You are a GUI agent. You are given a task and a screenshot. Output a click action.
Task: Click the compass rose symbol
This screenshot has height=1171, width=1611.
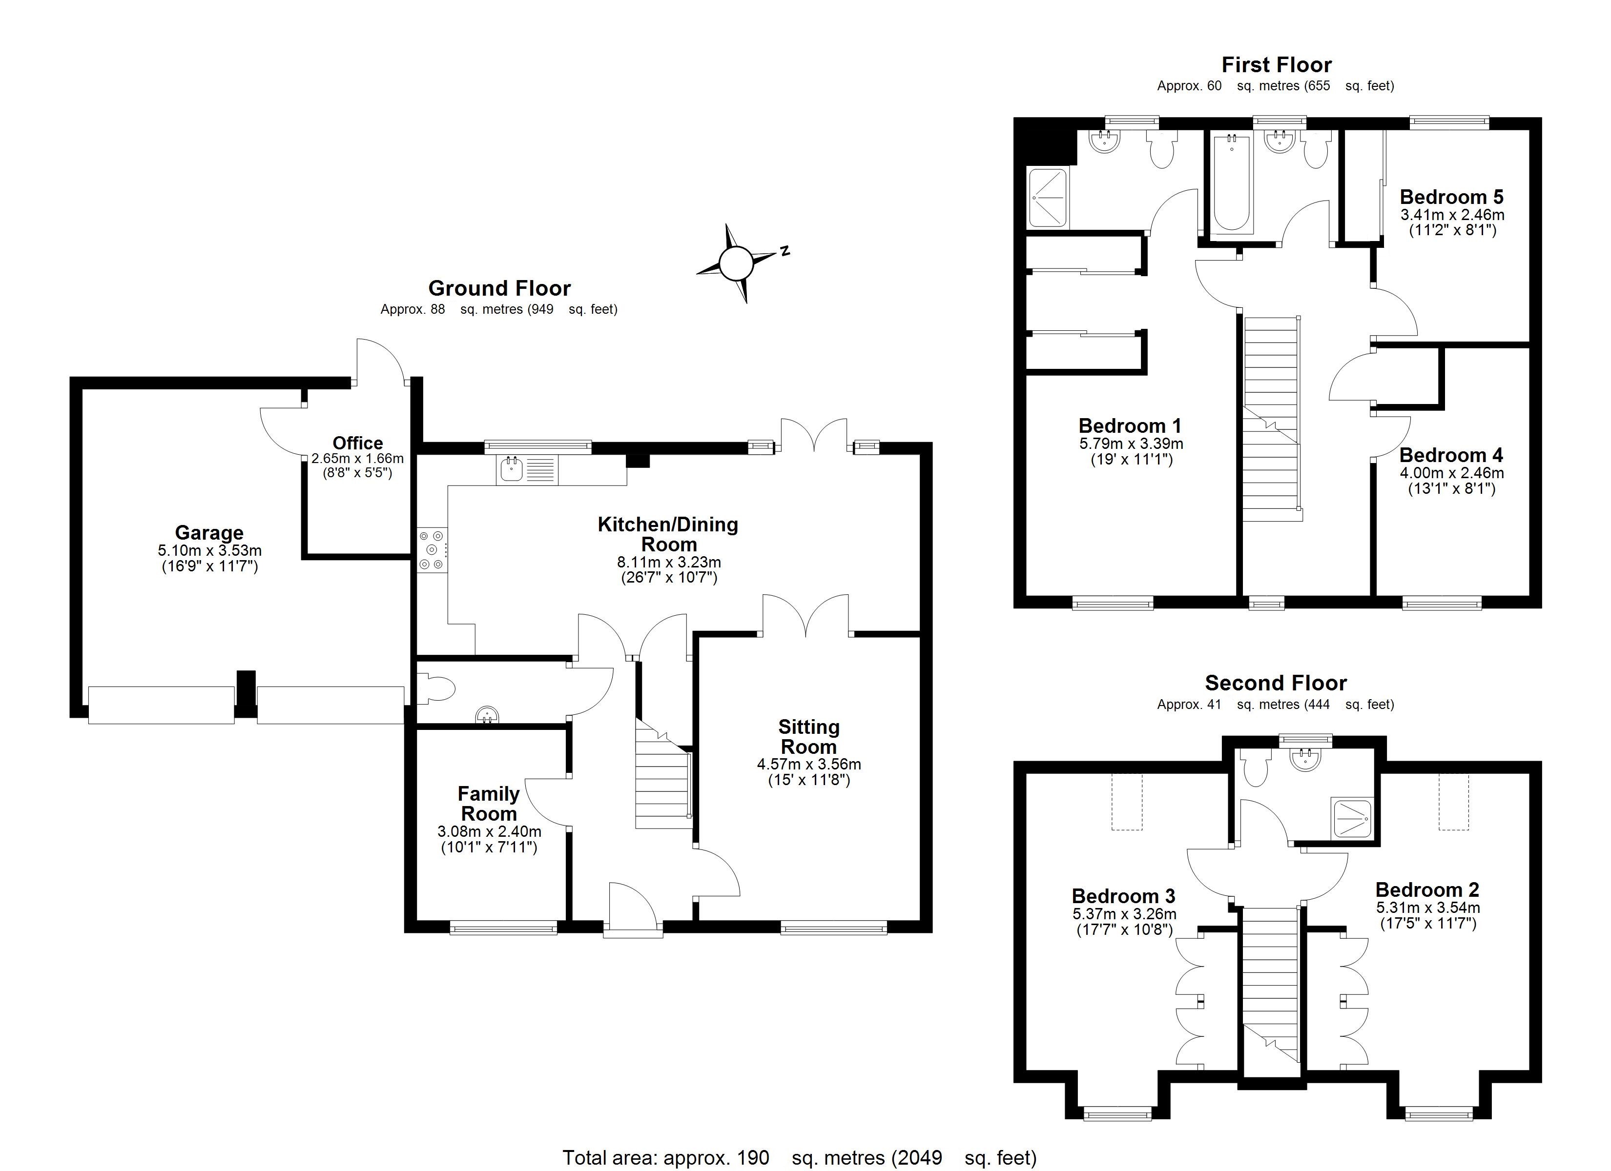point(735,263)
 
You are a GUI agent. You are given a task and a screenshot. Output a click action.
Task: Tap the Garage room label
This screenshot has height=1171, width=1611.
point(209,533)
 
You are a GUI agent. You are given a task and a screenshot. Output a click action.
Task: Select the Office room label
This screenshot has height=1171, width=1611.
point(357,443)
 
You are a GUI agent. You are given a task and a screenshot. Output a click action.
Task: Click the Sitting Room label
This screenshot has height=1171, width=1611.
point(808,736)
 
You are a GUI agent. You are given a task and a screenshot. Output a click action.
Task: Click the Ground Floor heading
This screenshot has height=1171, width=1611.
point(499,288)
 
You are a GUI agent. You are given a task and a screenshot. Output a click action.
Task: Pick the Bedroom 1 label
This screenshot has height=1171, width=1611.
point(1129,426)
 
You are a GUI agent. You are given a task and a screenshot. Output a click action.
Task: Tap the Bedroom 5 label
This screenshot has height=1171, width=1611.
point(1451,197)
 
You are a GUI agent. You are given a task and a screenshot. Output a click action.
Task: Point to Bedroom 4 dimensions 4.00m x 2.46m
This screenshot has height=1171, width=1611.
point(1451,473)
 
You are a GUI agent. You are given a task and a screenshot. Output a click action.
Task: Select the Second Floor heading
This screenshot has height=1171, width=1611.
point(1276,683)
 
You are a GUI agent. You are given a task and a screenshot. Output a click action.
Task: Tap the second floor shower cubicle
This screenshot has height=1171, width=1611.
point(1352,819)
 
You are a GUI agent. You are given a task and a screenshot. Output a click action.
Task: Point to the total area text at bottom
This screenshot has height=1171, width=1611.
point(799,1157)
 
